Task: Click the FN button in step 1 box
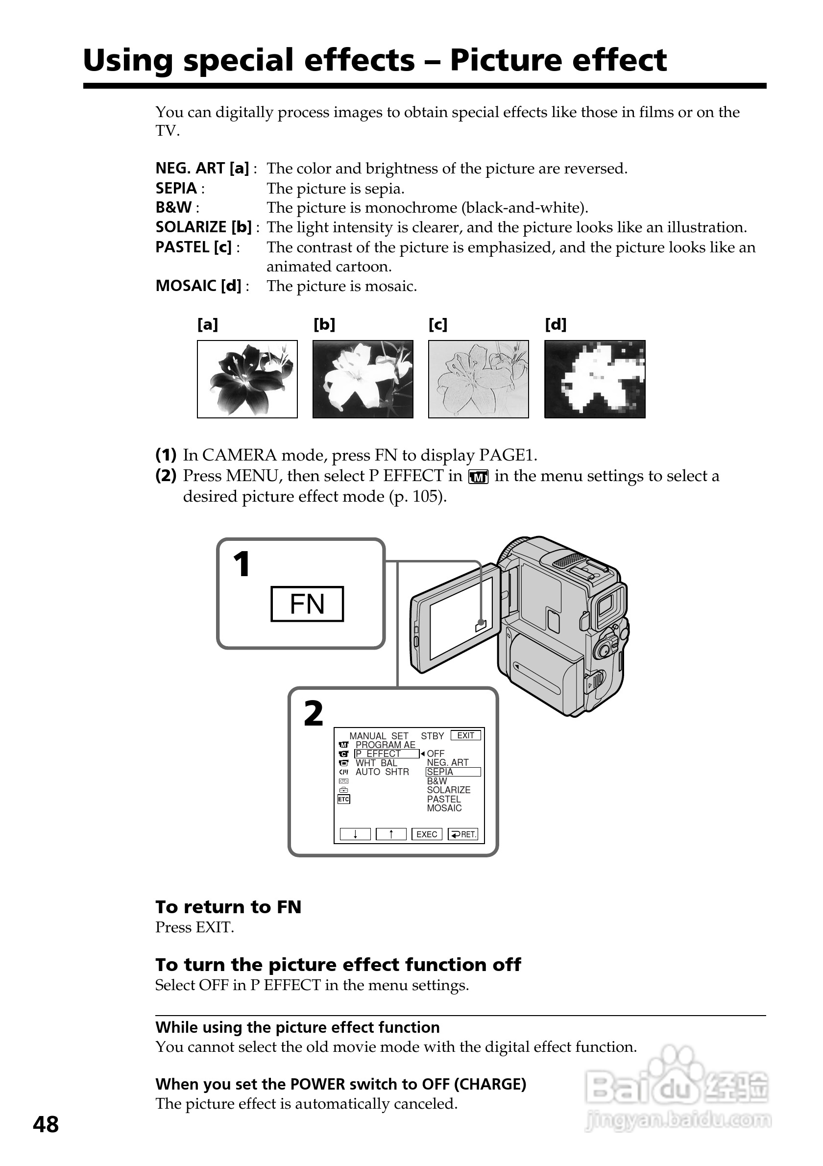point(307,604)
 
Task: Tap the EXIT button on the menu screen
point(465,735)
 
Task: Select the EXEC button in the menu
point(427,834)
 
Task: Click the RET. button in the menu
point(463,834)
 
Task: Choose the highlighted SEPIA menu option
point(453,772)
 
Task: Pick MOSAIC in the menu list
point(444,808)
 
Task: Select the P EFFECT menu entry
point(387,753)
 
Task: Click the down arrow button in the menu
point(355,834)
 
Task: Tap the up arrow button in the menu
point(391,834)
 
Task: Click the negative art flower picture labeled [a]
point(247,379)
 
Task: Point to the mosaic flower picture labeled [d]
point(595,379)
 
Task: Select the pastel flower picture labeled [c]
point(478,379)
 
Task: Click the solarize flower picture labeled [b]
point(363,379)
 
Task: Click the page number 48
point(46,1125)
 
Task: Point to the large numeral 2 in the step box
point(313,713)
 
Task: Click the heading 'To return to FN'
point(228,907)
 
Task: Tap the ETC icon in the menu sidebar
point(344,800)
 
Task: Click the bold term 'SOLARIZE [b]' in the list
point(204,227)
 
